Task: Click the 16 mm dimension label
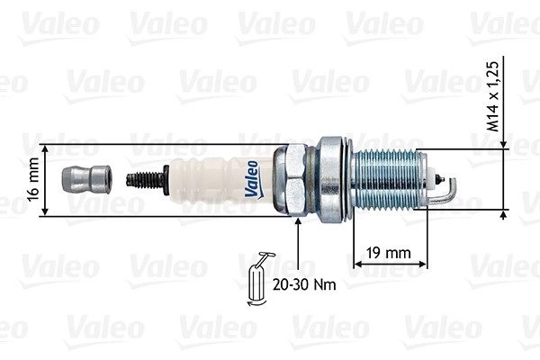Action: [x=33, y=179]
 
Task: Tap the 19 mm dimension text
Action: [x=389, y=253]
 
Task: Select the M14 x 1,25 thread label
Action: [x=493, y=96]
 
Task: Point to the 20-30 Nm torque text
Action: [x=304, y=285]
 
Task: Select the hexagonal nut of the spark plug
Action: [x=292, y=180]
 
